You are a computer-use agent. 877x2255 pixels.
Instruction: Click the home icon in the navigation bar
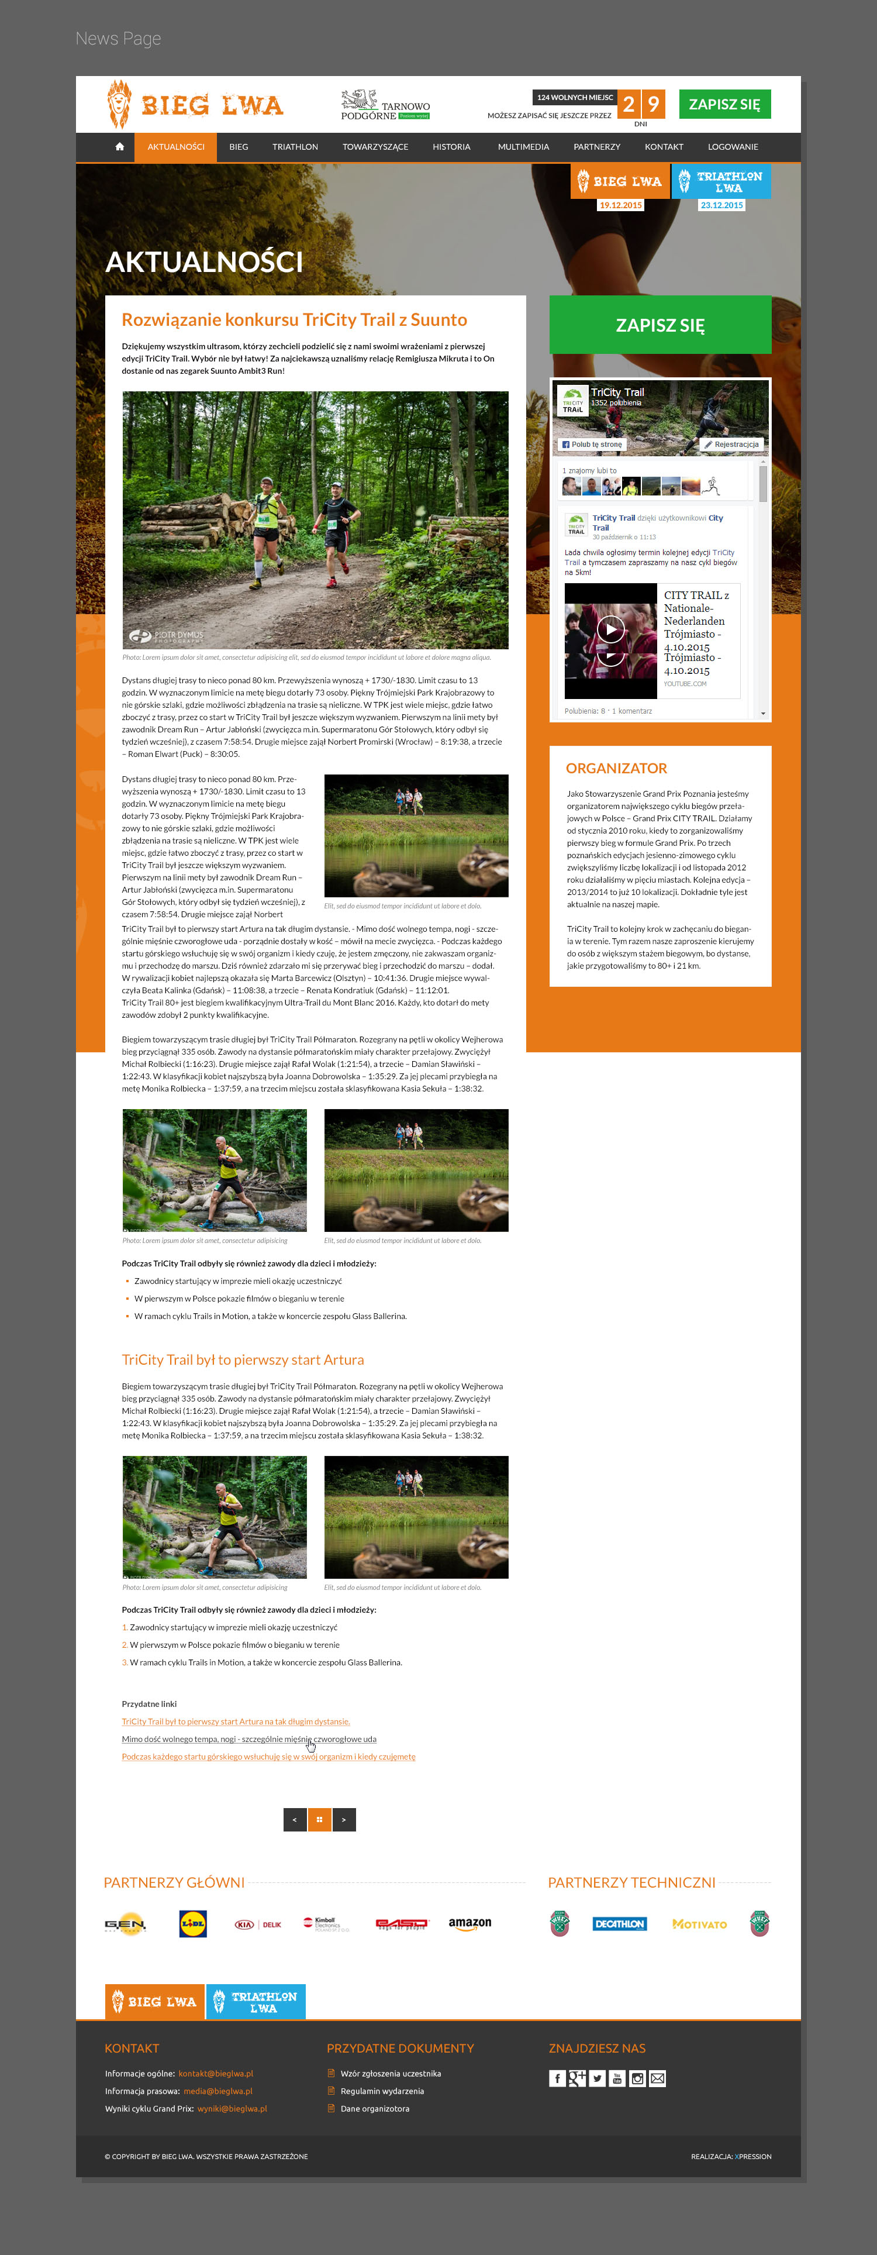(x=119, y=147)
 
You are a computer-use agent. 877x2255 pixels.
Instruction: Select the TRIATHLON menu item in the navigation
(x=295, y=147)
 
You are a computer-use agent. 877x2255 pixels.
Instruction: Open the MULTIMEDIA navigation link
(x=523, y=147)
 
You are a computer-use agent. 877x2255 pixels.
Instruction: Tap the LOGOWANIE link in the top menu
(x=733, y=147)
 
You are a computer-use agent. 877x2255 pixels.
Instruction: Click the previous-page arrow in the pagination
(x=295, y=1820)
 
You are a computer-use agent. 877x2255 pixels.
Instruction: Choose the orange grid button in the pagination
(x=319, y=1820)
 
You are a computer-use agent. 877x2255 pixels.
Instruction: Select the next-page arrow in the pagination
(x=344, y=1820)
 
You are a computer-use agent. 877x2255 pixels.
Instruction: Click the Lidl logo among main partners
(x=192, y=1924)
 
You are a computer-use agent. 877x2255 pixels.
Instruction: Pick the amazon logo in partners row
(x=470, y=1923)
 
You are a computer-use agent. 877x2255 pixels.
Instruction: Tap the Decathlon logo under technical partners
(x=620, y=1924)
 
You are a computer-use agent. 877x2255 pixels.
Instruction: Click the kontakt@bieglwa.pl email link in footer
(x=215, y=2074)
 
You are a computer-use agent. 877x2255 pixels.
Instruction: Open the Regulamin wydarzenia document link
(x=382, y=2091)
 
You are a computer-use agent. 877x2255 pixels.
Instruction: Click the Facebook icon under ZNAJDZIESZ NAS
(x=557, y=2079)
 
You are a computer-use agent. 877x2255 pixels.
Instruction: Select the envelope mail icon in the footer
(x=657, y=2079)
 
